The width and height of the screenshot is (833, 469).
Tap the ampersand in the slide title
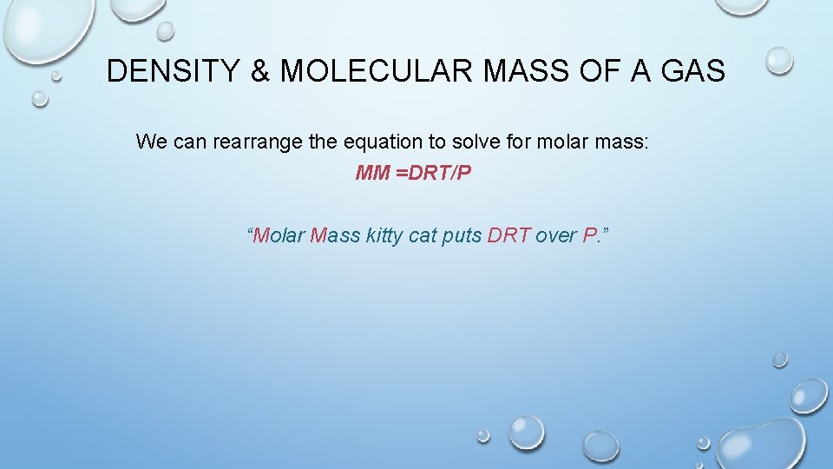260,71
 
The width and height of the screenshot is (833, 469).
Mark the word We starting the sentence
152,142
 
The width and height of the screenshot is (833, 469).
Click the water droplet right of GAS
778,60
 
